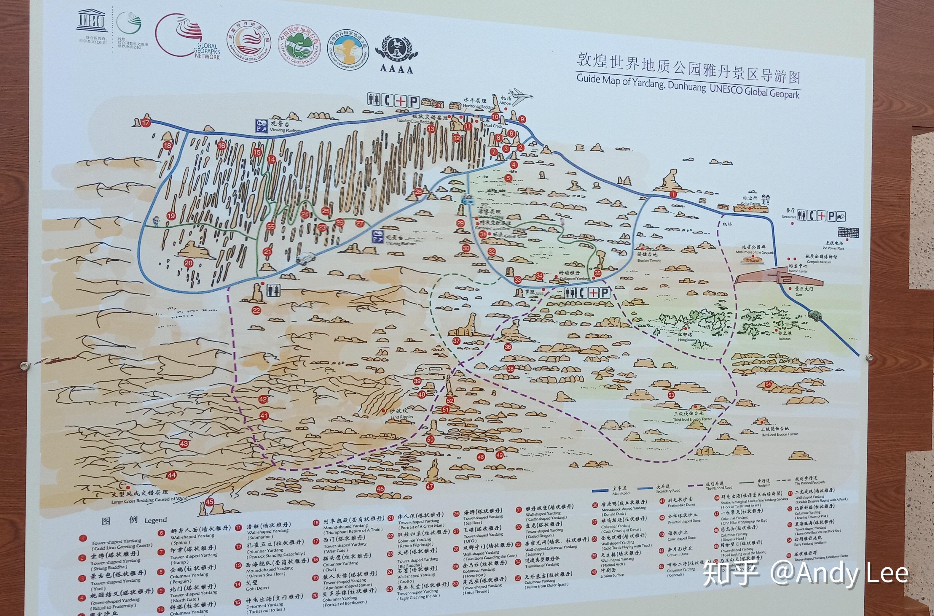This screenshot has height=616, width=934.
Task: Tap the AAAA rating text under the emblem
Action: point(396,69)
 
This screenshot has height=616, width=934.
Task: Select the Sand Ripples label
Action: point(401,417)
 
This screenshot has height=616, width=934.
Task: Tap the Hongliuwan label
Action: point(687,340)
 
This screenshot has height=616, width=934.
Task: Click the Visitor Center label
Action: point(798,271)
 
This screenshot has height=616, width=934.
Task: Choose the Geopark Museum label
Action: point(819,262)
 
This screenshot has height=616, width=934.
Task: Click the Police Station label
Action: point(750,204)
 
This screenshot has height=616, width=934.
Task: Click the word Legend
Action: point(155,520)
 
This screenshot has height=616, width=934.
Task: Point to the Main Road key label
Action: point(621,493)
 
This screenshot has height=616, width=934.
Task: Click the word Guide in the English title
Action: point(588,78)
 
